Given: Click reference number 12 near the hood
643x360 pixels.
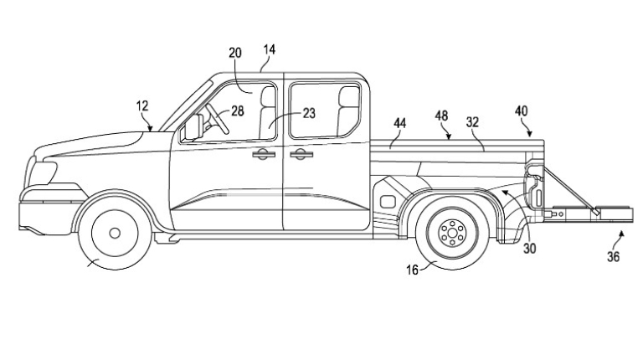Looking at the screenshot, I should click(x=142, y=105).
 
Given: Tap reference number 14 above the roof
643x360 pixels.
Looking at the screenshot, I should click(x=269, y=49).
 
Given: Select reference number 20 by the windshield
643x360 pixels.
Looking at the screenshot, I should click(x=235, y=53).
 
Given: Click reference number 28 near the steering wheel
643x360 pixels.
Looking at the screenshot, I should click(x=237, y=109).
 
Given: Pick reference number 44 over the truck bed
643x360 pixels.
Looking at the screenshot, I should click(x=400, y=123).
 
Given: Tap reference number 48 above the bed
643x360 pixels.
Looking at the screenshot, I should click(x=442, y=115).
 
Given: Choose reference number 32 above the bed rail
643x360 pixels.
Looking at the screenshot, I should click(x=472, y=122).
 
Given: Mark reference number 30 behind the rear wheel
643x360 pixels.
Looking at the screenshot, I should click(x=530, y=248).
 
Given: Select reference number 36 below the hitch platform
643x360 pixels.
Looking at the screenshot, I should click(x=614, y=257).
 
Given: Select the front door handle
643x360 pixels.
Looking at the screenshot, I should click(x=262, y=153).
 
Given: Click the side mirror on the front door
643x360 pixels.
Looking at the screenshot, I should click(x=193, y=126).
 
